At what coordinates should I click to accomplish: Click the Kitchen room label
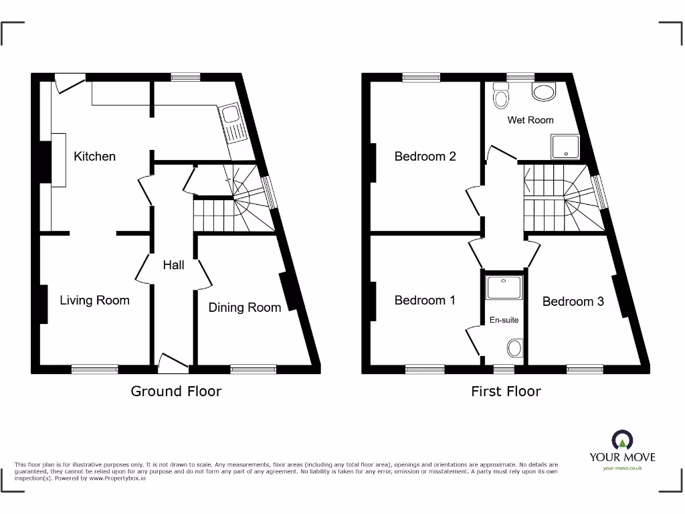[94, 156]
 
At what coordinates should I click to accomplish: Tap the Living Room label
[94, 300]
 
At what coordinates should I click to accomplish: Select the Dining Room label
[244, 307]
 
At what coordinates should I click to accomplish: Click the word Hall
[173, 265]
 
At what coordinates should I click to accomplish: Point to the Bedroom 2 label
[425, 156]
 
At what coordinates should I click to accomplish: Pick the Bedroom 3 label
[573, 301]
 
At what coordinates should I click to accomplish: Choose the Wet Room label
[530, 120]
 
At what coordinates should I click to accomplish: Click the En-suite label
[504, 320]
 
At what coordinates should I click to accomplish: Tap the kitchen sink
[235, 125]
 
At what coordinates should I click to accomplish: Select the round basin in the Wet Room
[545, 92]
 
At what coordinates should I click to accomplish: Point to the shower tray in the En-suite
[504, 288]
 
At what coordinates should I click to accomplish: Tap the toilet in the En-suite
[514, 348]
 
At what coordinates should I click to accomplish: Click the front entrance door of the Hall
[173, 363]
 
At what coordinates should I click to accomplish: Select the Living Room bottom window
[94, 368]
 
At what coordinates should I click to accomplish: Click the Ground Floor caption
[176, 391]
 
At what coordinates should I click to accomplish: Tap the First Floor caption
[506, 391]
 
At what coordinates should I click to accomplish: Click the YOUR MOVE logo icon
[621, 440]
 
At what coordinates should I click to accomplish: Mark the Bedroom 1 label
[425, 300]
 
